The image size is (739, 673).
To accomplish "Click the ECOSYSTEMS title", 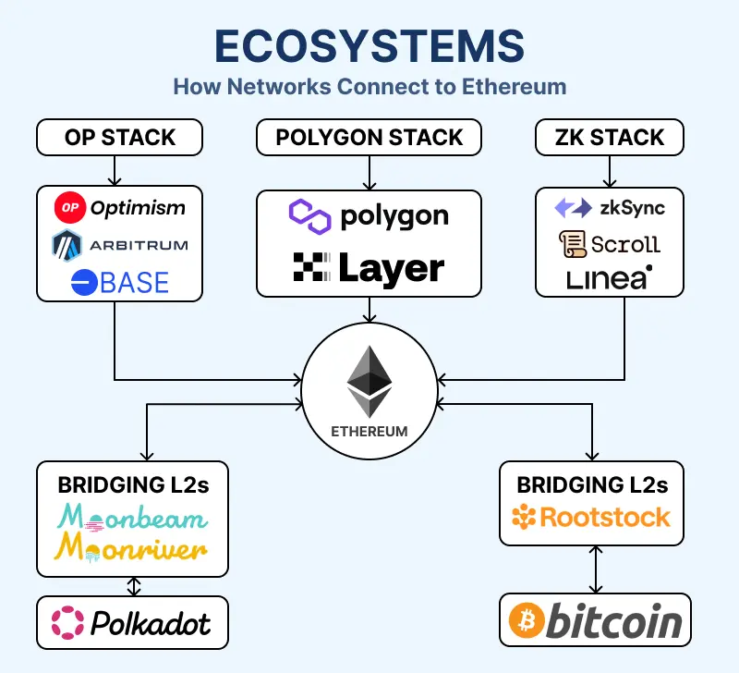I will [369, 46].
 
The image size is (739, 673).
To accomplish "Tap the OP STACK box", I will [119, 138].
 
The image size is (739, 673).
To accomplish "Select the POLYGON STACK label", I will [369, 138].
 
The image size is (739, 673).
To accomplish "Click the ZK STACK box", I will [610, 138].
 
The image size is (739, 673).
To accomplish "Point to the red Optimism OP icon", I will [69, 208].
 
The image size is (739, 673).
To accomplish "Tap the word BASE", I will [134, 282].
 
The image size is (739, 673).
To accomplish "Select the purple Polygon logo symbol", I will [309, 216].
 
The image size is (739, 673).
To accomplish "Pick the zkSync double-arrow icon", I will [572, 208].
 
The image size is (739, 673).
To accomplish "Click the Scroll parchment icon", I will [572, 244].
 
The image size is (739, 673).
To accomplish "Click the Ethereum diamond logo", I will [369, 381].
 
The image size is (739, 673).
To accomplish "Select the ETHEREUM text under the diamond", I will [369, 432].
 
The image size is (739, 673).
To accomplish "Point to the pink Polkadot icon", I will [67, 622].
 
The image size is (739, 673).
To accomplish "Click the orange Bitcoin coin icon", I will [524, 622].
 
